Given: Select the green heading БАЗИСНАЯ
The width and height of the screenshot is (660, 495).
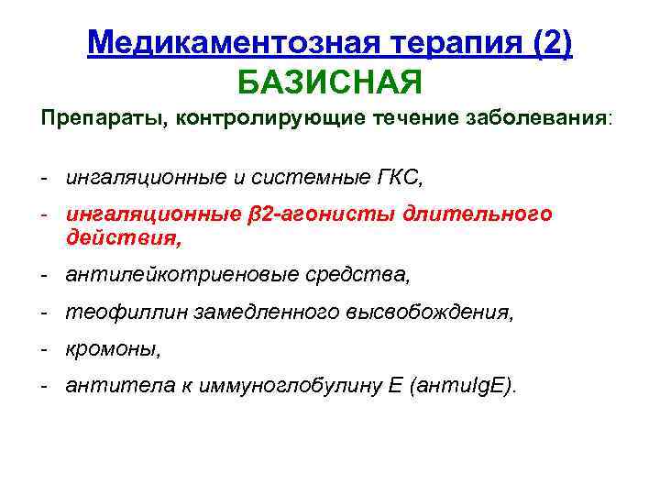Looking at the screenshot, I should [330, 83].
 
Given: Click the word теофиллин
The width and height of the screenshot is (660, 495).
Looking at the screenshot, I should [111, 313].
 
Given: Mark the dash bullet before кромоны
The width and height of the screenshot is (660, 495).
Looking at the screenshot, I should [43, 350].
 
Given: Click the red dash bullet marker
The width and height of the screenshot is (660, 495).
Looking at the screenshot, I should [43, 214].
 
